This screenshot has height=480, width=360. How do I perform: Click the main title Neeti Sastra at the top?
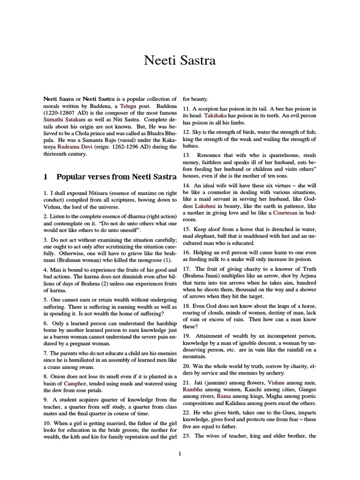pyautogui.click(x=180, y=61)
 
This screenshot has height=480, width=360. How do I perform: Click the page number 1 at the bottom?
pyautogui.click(x=180, y=453)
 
